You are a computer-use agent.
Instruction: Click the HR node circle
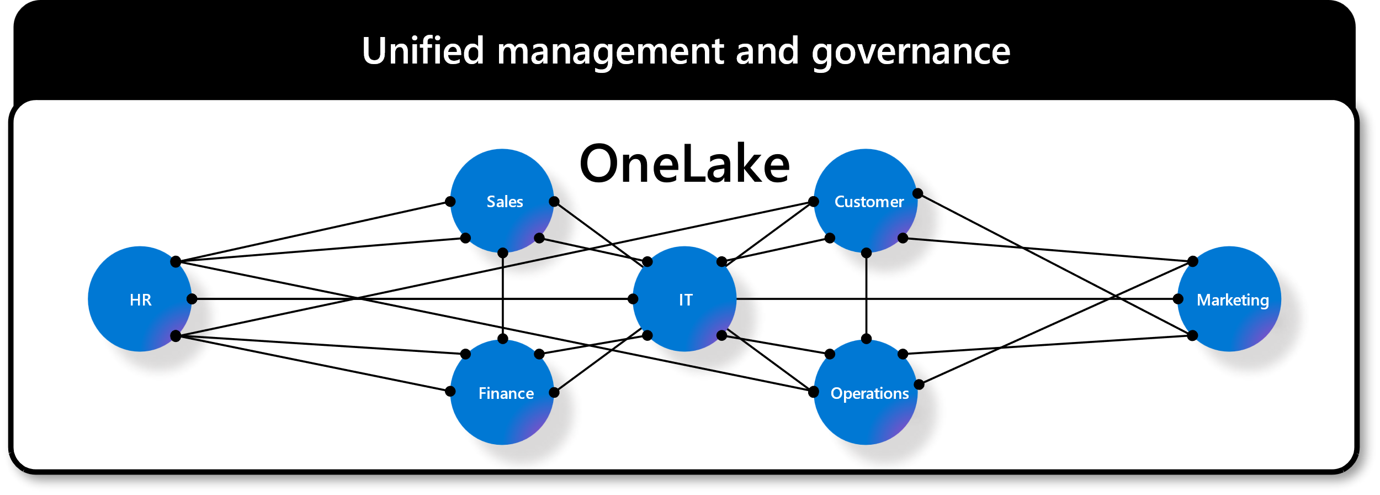click(140, 299)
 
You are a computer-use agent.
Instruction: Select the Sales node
click(502, 201)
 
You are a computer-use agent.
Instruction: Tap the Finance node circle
click(502, 392)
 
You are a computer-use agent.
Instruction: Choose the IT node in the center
click(684, 299)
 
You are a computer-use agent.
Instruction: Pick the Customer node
click(866, 201)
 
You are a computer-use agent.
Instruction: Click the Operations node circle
click(866, 392)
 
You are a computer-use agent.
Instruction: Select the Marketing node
click(1229, 299)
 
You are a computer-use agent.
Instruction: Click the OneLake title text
click(684, 164)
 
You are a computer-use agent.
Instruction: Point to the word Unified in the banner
click(423, 51)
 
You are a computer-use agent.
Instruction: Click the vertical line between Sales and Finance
click(503, 296)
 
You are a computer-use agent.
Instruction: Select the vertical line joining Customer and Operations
click(867, 296)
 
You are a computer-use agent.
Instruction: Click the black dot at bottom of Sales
click(503, 253)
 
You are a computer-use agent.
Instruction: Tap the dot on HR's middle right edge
click(192, 299)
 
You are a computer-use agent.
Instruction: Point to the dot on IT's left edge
click(633, 299)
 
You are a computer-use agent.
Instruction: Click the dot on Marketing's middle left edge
click(1178, 299)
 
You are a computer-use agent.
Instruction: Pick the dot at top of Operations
click(867, 339)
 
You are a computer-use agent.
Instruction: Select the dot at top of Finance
click(503, 339)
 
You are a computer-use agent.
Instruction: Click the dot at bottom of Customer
click(867, 253)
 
